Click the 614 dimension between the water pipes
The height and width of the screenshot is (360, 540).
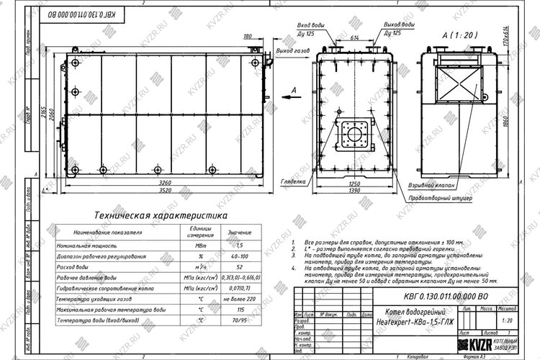354,35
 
